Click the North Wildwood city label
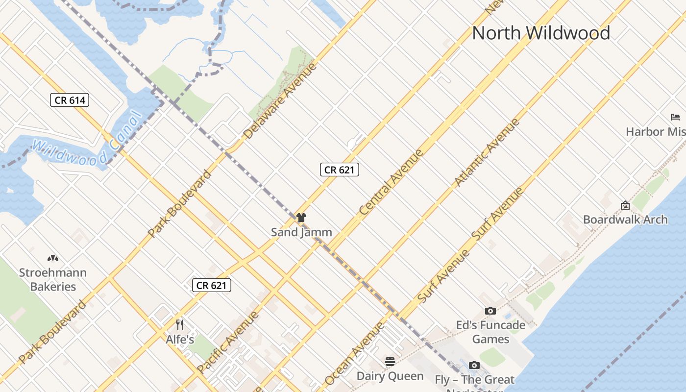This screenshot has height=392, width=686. click(541, 33)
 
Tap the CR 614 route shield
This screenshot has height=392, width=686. click(70, 100)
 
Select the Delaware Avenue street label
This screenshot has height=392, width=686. click(280, 100)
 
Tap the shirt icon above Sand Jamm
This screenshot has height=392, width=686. click(301, 218)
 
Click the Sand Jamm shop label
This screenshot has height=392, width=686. click(301, 232)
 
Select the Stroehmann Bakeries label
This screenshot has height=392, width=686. click(53, 279)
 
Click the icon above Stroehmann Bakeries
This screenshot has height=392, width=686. click(52, 258)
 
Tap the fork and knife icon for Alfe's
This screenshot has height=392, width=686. click(180, 324)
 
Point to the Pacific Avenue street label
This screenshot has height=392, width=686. click(227, 342)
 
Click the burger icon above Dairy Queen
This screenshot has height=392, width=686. click(390, 362)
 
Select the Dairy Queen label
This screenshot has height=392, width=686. click(390, 376)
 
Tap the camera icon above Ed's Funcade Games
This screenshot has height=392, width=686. click(490, 311)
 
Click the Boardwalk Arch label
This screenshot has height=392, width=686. click(625, 220)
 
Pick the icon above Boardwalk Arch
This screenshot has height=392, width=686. click(625, 205)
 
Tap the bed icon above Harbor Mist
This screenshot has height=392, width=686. click(675, 117)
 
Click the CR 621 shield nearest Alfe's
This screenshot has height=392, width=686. click(211, 285)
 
